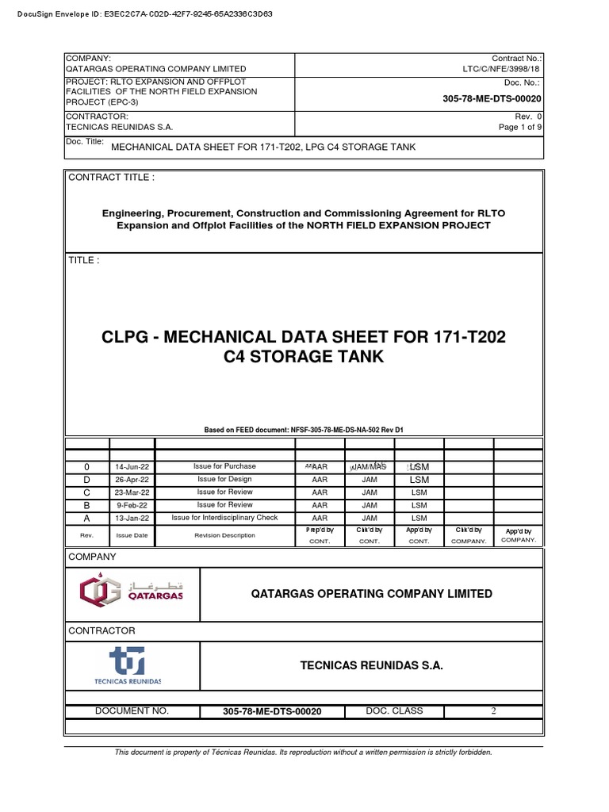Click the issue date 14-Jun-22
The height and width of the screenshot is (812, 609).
(132, 467)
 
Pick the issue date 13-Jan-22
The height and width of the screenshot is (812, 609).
(132, 518)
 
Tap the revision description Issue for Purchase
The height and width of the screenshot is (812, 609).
(224, 466)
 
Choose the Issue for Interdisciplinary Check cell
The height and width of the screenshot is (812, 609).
(224, 518)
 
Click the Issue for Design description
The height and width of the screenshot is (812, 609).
(224, 479)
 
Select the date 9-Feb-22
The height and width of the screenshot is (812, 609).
(132, 505)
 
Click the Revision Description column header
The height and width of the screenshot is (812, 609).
(224, 535)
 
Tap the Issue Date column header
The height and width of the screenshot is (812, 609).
(132, 535)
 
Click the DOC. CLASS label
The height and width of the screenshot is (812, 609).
(394, 711)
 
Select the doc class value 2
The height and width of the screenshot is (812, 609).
(493, 711)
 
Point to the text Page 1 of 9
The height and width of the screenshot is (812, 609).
(520, 127)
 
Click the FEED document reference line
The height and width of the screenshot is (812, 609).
(304, 429)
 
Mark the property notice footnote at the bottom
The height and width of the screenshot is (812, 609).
(304, 752)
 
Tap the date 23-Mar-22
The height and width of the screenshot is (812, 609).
(132, 492)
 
